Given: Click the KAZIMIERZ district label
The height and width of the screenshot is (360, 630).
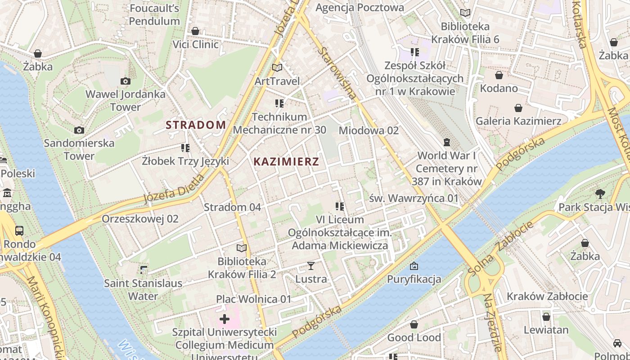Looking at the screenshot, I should point(286,162).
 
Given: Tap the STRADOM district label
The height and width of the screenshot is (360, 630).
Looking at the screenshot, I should point(196,125).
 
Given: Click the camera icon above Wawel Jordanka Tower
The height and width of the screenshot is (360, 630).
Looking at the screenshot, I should point(126,81).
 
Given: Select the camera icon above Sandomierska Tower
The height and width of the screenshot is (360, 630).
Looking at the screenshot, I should point(79,130).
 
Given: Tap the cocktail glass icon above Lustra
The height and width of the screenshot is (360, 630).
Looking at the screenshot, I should point(310,266).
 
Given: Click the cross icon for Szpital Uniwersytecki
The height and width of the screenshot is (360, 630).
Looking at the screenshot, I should point(224,319).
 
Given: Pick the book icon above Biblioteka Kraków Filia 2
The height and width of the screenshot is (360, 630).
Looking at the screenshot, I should point(242,248).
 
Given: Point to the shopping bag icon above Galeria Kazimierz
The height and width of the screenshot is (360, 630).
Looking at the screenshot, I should point(518,108).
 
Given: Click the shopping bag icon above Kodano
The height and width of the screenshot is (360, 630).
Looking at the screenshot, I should point(499,75).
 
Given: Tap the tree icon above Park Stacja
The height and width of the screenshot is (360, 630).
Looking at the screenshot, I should point(600,194).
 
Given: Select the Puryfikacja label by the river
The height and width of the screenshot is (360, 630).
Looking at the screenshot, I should point(414,279).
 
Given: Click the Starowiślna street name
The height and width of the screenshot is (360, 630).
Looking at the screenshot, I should point(337,73).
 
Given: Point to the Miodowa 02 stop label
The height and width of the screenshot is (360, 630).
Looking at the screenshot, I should point(369,130).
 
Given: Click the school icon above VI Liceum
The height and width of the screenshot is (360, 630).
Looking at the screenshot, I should point(340,207).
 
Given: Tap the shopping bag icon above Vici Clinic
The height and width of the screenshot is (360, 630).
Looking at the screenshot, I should point(195,31).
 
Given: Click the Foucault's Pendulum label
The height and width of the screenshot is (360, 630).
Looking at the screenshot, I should point(154,14).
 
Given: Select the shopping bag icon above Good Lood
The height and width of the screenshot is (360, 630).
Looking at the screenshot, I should point(414,324).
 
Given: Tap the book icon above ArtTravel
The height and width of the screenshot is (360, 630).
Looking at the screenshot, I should point(277,68).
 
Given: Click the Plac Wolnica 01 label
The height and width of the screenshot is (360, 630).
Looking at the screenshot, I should point(254,299).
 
